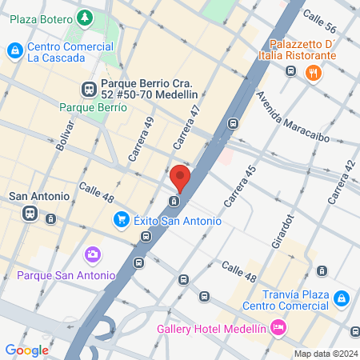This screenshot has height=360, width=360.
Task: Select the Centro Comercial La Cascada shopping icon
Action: (14, 51)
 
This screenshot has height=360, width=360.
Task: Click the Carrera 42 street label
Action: (341, 182)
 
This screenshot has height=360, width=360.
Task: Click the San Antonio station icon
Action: (30, 214)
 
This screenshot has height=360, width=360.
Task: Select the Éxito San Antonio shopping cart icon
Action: (122, 218)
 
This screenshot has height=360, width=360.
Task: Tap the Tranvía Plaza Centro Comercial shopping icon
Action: (342, 298)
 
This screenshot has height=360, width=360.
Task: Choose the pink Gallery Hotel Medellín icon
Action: (278, 326)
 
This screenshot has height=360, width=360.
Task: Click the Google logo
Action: (27, 350)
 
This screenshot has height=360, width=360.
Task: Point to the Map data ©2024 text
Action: (326, 354)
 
